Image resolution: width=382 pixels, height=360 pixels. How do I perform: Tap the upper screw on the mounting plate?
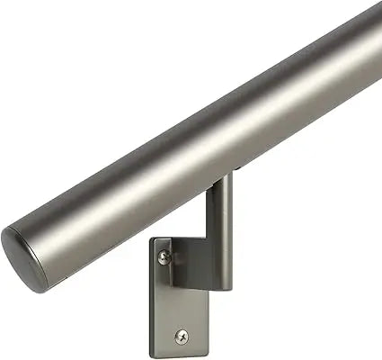[162, 259]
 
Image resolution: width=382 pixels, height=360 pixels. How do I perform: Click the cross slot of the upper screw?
[162, 259]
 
